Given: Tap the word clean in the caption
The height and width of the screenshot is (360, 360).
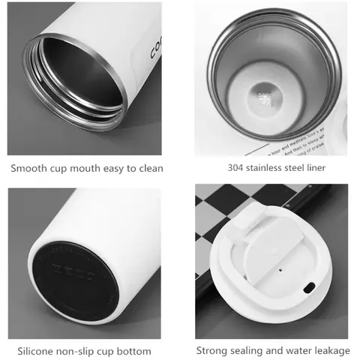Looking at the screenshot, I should (x=148, y=168).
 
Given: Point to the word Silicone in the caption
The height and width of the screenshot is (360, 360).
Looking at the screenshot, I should (x=37, y=350).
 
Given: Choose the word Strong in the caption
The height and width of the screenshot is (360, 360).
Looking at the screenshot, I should (x=213, y=350).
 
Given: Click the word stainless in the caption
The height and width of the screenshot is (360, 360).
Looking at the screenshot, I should (x=269, y=167).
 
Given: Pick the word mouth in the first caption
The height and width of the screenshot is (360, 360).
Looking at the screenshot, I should (x=94, y=168).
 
